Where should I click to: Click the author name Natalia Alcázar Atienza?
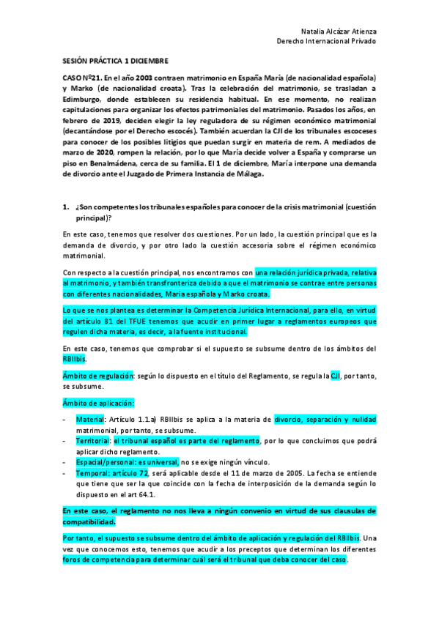pyautogui.click(x=338, y=31)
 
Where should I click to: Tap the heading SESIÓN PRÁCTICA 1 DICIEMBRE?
pyautogui.click(x=115, y=62)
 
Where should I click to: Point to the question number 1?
pyautogui.click(x=65, y=207)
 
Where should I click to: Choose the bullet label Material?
pyautogui.click(x=89, y=420)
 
